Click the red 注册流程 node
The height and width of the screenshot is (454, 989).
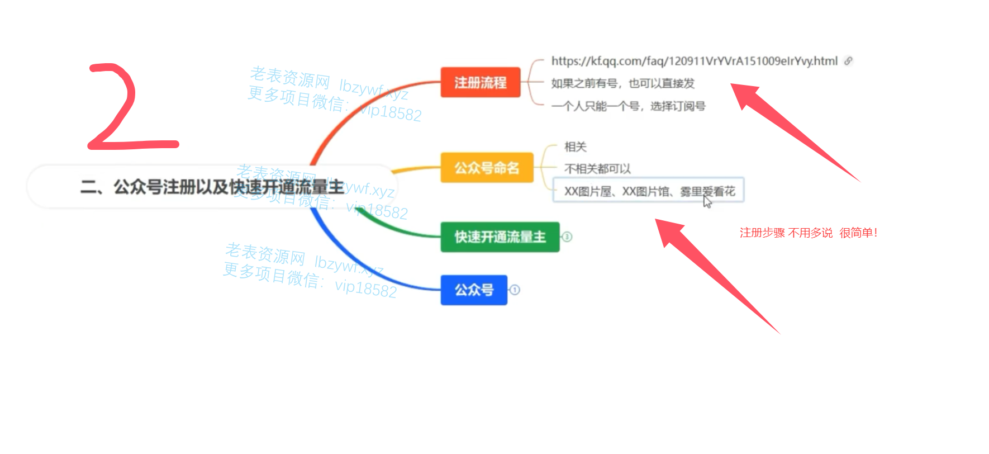point(481,83)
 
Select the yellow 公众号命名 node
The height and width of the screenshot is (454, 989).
point(487,168)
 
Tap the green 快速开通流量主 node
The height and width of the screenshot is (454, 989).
point(500,237)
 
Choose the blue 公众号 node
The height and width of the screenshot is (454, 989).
point(474,290)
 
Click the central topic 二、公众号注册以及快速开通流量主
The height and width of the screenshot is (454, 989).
point(212,187)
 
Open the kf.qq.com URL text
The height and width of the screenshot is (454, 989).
point(694,61)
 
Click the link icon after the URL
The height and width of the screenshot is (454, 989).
point(848,61)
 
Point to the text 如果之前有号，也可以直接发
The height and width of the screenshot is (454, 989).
point(622,83)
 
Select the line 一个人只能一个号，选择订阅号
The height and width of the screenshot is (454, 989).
point(628,106)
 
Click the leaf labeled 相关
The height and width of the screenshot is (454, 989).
point(575,147)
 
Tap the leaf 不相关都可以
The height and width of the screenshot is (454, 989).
point(597,169)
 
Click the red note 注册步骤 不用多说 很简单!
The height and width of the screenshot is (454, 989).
point(808,233)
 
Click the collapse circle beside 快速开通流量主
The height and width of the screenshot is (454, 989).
point(567,237)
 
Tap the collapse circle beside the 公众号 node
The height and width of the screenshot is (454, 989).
point(515,290)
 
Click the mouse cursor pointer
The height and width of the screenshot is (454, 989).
point(707,201)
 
